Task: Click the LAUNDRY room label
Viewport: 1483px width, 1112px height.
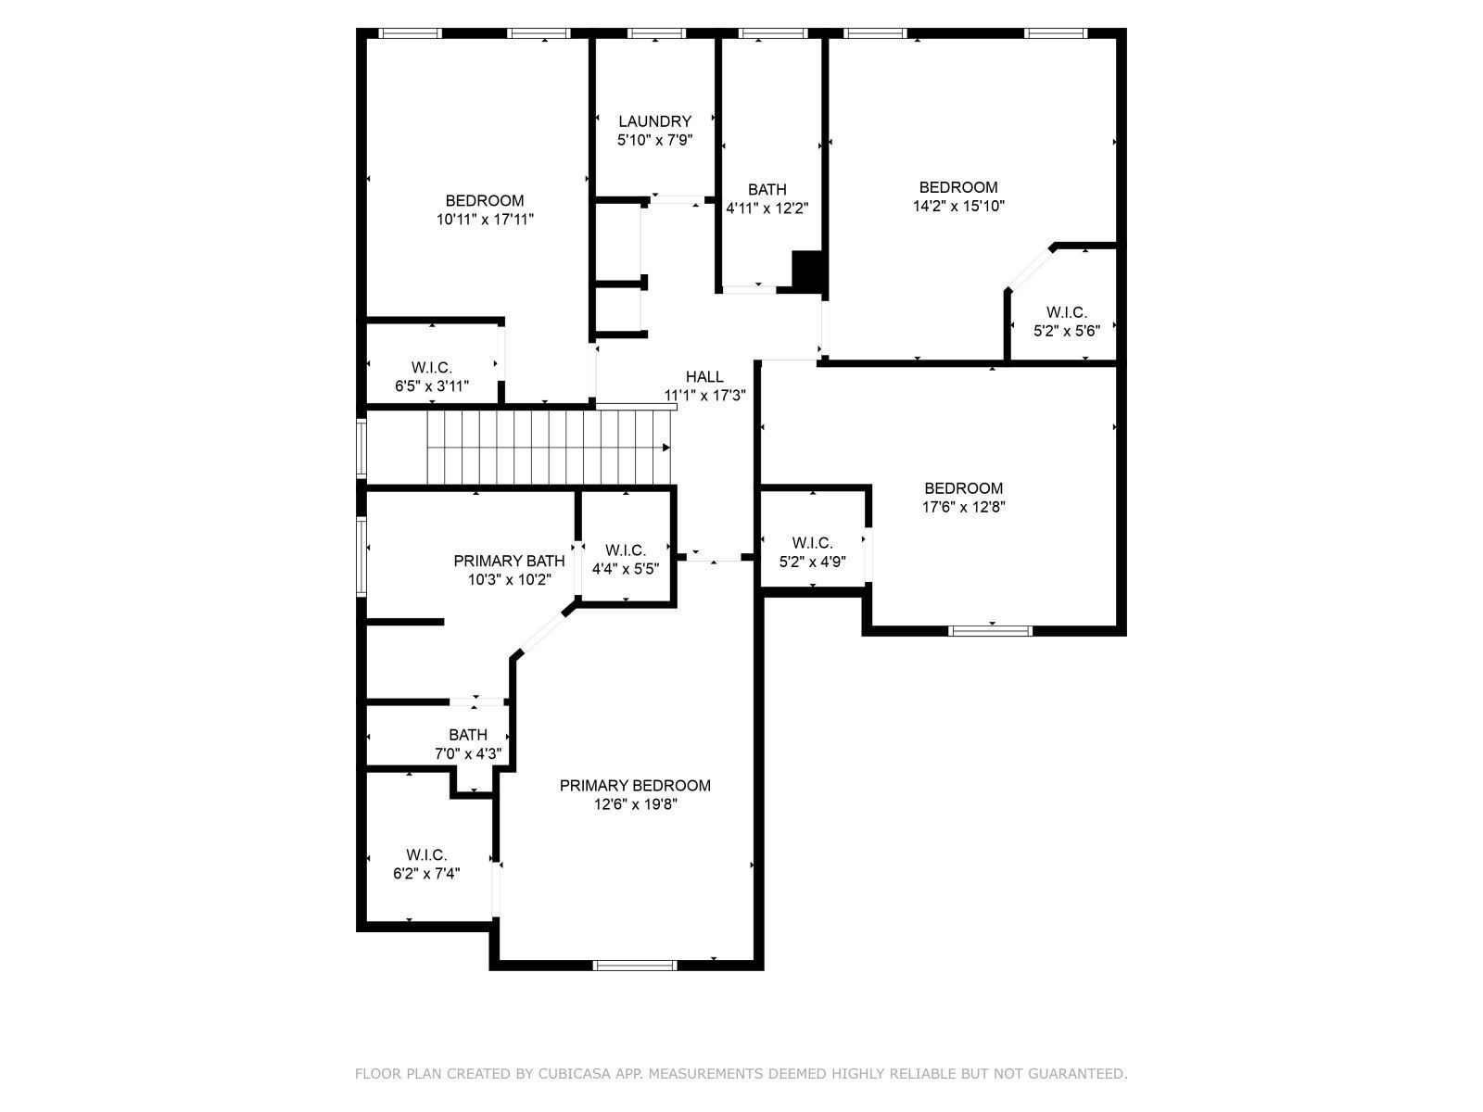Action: pos(654,121)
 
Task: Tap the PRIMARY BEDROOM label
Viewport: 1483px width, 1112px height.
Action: pos(635,785)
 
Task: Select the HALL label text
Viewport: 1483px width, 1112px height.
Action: pos(704,377)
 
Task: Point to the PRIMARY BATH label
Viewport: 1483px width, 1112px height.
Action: pos(510,561)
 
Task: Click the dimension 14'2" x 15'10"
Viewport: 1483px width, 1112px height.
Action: pos(958,206)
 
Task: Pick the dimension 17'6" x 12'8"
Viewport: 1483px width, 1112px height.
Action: pos(964,507)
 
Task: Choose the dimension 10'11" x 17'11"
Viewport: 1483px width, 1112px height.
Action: pos(485,220)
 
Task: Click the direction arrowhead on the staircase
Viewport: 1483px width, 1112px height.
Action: pos(666,448)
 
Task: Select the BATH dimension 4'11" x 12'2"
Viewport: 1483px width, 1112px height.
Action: pos(767,208)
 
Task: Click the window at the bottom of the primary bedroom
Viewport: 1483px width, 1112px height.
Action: pos(635,966)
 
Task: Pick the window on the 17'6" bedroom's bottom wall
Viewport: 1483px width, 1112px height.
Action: pos(991,631)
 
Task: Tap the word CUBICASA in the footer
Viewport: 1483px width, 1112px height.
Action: pos(572,1073)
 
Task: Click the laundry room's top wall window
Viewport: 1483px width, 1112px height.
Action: pos(656,33)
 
